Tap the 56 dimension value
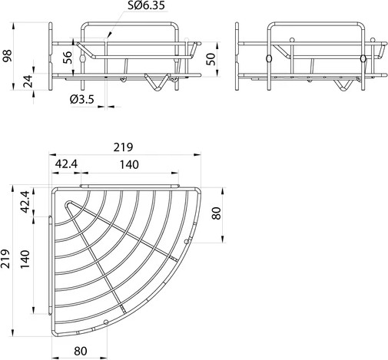coord(66,58)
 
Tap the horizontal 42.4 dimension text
coord(66,163)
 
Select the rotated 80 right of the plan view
coord(217,213)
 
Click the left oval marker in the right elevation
coord(268,60)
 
